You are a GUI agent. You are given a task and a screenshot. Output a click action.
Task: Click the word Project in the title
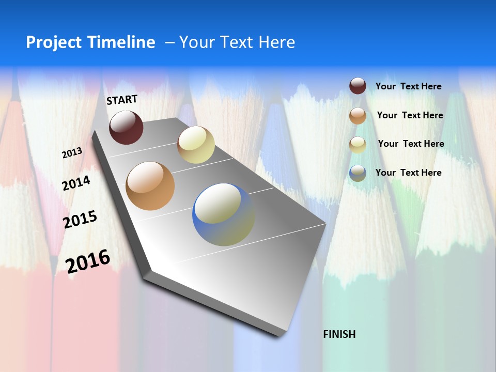click(50, 42)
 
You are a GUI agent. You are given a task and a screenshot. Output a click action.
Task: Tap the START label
click(122, 100)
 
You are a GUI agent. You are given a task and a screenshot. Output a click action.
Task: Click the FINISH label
click(339, 334)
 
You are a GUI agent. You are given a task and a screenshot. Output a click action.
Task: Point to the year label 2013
click(72, 152)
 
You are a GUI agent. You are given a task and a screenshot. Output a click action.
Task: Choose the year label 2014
click(76, 183)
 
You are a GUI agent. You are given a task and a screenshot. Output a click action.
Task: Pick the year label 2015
click(80, 219)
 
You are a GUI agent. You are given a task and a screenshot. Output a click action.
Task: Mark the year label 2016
click(88, 261)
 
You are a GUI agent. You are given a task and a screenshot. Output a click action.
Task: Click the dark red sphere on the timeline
click(126, 127)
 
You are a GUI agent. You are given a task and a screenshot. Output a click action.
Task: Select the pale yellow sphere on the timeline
click(196, 145)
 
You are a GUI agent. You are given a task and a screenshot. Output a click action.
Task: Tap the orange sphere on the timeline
click(150, 186)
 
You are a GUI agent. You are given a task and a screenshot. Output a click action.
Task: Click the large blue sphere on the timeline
click(223, 214)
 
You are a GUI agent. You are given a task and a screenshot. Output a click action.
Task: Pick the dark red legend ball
click(358, 86)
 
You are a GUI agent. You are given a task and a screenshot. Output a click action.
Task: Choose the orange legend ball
click(358, 116)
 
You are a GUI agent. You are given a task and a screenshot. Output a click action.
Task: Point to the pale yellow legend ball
click(358, 145)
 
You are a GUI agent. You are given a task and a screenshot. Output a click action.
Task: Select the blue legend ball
click(358, 173)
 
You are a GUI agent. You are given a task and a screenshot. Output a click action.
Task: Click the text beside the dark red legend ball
click(409, 87)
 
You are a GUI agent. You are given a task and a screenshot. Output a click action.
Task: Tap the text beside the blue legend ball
click(409, 173)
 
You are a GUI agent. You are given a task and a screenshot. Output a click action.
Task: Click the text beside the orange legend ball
click(410, 115)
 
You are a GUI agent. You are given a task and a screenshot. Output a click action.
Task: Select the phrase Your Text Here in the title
click(237, 42)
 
